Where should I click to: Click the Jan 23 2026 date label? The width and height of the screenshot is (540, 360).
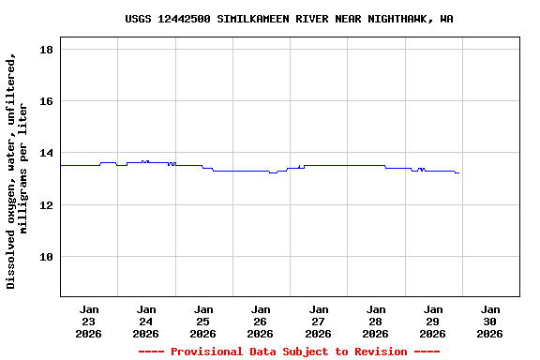[x=89, y=321]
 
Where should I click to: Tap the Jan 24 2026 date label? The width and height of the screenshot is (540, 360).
[x=146, y=321]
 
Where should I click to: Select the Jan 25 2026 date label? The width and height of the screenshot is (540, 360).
[x=203, y=321]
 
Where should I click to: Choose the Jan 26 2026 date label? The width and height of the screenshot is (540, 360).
[x=261, y=321]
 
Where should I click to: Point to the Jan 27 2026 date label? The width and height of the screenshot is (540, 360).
[x=318, y=321]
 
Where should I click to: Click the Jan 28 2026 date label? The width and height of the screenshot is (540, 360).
[x=375, y=321]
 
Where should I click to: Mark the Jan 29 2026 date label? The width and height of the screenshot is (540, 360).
[x=432, y=321]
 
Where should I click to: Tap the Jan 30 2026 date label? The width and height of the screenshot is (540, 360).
[x=489, y=321]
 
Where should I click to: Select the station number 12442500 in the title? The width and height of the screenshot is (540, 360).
[x=184, y=19]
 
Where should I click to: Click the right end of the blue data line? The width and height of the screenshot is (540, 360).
[x=458, y=173]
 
